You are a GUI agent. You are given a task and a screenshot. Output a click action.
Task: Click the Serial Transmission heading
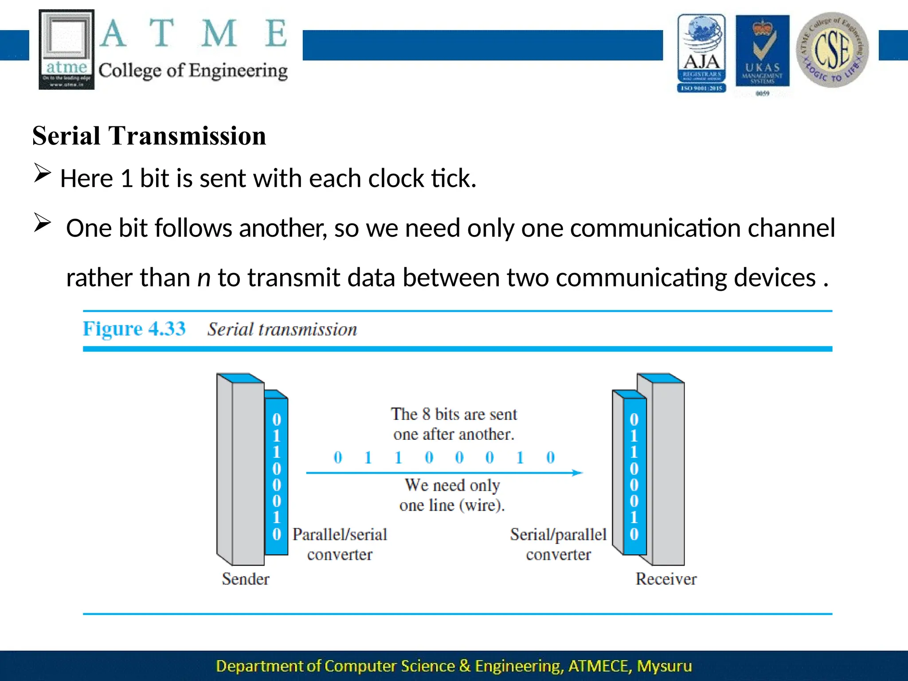pyautogui.click(x=149, y=136)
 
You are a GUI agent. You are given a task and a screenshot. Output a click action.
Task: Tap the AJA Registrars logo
pyautogui.click(x=701, y=53)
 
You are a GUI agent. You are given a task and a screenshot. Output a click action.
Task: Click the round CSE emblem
pyautogui.click(x=832, y=50)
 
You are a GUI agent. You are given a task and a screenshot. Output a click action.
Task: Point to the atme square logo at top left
pyautogui.click(x=67, y=49)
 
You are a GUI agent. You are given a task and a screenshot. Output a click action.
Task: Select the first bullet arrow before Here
pyautogui.click(x=43, y=173)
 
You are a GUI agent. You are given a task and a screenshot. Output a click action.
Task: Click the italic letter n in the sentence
pyautogui.click(x=204, y=278)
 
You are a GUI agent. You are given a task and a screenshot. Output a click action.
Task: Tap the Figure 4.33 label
pyautogui.click(x=134, y=329)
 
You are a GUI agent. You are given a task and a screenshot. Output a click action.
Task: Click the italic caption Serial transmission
pyautogui.click(x=282, y=329)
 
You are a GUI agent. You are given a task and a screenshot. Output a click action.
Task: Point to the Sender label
pyautogui.click(x=245, y=579)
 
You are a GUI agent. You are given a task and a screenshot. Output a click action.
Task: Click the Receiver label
pyautogui.click(x=666, y=579)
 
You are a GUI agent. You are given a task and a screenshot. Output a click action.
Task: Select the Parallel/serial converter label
pyautogui.click(x=340, y=544)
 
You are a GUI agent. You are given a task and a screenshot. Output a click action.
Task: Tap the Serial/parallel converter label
pyautogui.click(x=558, y=544)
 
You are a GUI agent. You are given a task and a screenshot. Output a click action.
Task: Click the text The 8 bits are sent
pyautogui.click(x=454, y=414)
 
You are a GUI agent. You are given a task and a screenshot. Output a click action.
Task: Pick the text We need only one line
pyautogui.click(x=452, y=495)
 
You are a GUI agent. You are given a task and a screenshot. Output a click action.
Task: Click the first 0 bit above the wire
pyautogui.click(x=338, y=457)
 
